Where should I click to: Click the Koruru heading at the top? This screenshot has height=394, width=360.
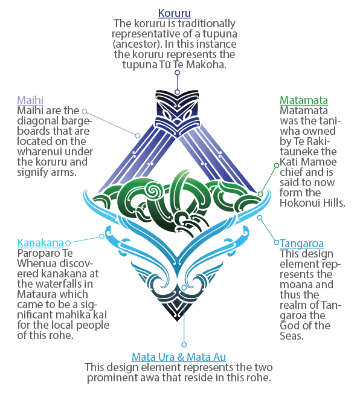(175, 13)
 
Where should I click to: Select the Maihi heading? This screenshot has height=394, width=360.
(30, 100)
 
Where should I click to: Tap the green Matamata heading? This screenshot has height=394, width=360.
(304, 100)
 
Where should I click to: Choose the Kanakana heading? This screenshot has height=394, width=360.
(40, 243)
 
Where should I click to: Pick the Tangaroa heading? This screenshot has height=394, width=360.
(302, 244)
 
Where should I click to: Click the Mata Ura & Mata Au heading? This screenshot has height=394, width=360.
(179, 357)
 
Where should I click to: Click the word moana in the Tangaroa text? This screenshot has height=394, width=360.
(294, 285)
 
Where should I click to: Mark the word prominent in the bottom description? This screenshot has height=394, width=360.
(123, 378)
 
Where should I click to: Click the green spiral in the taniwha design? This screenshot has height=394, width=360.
(152, 190)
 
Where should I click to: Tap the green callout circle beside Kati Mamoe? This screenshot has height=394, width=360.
(277, 166)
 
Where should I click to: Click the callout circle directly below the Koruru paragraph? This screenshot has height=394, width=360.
(178, 73)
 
